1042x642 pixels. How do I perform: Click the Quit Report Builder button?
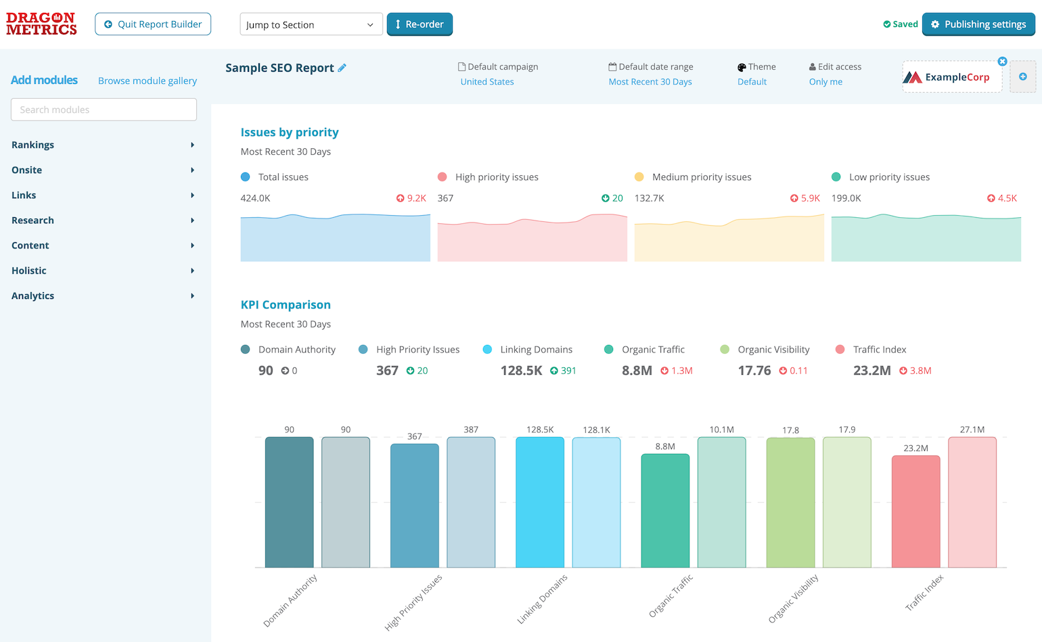pyautogui.click(x=153, y=24)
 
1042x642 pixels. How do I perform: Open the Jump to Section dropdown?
pyautogui.click(x=311, y=25)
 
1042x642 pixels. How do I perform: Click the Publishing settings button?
pyautogui.click(x=978, y=24)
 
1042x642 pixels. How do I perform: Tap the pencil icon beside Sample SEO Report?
pyautogui.click(x=342, y=68)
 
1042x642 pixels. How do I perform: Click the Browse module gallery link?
pyautogui.click(x=147, y=81)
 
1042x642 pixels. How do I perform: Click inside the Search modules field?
pyautogui.click(x=104, y=110)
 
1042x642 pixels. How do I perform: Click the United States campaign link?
pyautogui.click(x=486, y=82)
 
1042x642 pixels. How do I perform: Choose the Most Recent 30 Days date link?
pyautogui.click(x=650, y=82)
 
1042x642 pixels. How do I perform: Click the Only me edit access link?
pyautogui.click(x=825, y=82)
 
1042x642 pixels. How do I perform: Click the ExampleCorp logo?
pyautogui.click(x=951, y=77)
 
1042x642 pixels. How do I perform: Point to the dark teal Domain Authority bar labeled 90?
pyautogui.click(x=289, y=502)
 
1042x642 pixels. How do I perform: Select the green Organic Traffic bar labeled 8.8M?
pyautogui.click(x=665, y=511)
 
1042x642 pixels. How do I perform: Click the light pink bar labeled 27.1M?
pyautogui.click(x=972, y=502)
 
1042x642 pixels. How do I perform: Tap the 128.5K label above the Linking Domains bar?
pyautogui.click(x=540, y=430)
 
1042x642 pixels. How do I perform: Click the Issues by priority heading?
pyautogui.click(x=289, y=133)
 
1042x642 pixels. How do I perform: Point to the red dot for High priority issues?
pyautogui.click(x=442, y=177)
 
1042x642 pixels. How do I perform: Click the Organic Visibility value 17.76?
pyautogui.click(x=754, y=371)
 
